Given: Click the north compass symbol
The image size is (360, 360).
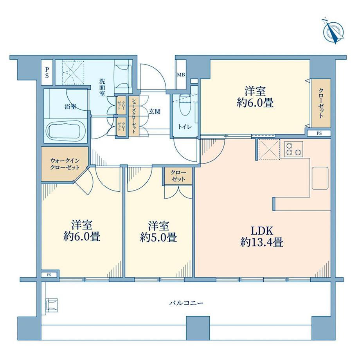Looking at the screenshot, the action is pyautogui.click(x=333, y=31).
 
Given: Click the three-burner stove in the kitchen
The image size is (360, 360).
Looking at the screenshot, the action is pyautogui.click(x=293, y=149).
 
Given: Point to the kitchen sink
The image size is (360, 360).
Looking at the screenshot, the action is pyautogui.click(x=320, y=178).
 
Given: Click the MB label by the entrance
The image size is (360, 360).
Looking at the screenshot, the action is pyautogui.click(x=181, y=75).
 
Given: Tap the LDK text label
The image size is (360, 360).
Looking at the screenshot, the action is pyautogui.click(x=262, y=231).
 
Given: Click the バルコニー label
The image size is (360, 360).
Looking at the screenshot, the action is pyautogui.click(x=186, y=303).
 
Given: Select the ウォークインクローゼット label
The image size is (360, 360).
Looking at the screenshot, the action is pyautogui.click(x=65, y=164).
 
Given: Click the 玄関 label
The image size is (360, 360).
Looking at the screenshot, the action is pyautogui.click(x=155, y=112).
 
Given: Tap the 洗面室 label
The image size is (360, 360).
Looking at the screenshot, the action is pyautogui.click(x=102, y=87).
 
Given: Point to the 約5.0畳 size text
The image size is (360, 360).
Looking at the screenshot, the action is pyautogui.click(x=158, y=238).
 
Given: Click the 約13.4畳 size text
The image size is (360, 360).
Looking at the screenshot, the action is pyautogui.click(x=262, y=243).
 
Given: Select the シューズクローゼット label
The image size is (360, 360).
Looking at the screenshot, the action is pyautogui.click(x=133, y=115).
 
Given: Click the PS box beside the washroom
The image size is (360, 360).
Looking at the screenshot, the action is pyautogui.click(x=47, y=72).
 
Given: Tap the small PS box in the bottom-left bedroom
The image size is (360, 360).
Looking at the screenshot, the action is pyautogui.click(x=49, y=275).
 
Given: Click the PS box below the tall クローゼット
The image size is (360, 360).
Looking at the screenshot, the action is pyautogui.click(x=319, y=133).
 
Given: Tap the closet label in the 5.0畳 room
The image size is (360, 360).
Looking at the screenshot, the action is pyautogui.click(x=178, y=176).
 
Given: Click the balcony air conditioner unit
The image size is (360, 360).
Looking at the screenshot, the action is pyautogui.click(x=52, y=305).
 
